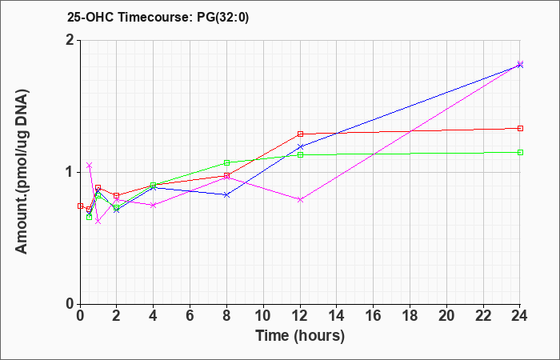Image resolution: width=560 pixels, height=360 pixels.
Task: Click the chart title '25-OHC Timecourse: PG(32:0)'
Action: point(158,18)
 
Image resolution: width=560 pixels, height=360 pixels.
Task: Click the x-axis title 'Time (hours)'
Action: point(300,336)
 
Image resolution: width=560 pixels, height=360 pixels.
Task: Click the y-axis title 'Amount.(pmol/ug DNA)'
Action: point(22,172)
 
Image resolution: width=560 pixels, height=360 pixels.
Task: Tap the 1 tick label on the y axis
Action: point(70,173)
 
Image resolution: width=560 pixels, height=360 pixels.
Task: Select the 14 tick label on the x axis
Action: point(337,315)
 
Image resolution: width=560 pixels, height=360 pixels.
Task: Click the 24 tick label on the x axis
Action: point(520,315)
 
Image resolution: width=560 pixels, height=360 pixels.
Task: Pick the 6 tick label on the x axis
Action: point(190,315)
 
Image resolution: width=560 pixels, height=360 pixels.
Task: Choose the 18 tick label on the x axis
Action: point(410,315)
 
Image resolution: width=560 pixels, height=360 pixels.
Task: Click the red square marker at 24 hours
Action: point(520,128)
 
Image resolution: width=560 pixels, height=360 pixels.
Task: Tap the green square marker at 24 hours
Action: point(520,153)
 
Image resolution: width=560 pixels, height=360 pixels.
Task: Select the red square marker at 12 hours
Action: point(300,134)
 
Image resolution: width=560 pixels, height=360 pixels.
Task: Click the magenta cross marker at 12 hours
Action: point(300,200)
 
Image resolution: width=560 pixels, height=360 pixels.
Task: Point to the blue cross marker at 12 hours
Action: point(300,146)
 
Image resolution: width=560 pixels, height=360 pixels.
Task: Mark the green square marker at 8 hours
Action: point(226,163)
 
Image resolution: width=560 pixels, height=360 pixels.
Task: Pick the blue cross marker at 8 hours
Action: point(226,194)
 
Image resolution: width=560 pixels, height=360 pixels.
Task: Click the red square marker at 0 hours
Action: point(80,206)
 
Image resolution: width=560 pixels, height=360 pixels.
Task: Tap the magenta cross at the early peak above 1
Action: point(90,165)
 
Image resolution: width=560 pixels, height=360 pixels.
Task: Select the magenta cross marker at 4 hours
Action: point(154,205)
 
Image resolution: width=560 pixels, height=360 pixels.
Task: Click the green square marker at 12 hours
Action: point(300,155)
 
